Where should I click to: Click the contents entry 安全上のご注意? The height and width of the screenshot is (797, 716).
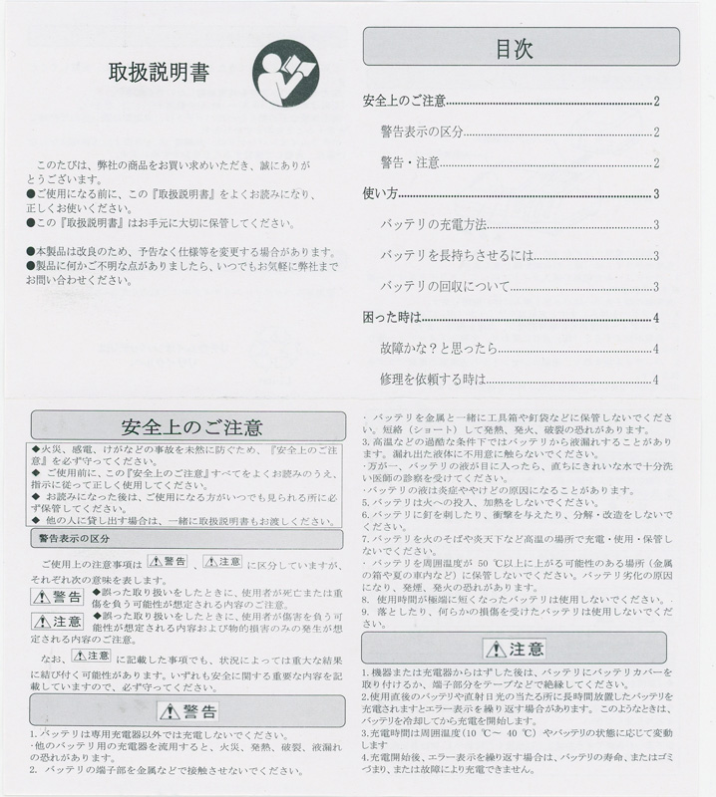[404, 102]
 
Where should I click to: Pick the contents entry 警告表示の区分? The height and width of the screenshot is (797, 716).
[422, 133]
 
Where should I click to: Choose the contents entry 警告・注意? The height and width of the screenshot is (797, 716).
[410, 163]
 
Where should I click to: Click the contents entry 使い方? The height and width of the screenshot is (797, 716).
[380, 194]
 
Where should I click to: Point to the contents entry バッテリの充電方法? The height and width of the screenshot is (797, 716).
[433, 225]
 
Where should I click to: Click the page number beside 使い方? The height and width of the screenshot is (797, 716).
[656, 194]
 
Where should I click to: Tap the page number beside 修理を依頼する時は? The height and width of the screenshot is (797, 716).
[656, 380]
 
